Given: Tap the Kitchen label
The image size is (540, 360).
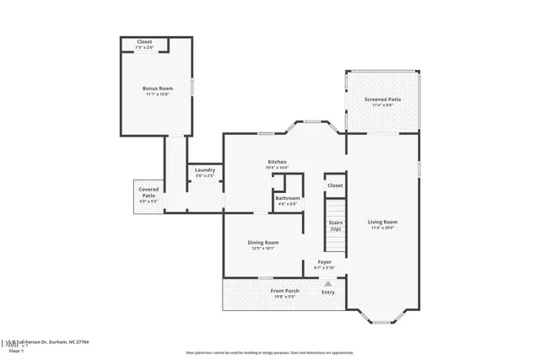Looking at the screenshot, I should [x=278, y=162].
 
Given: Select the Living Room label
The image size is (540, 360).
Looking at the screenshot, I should [x=382, y=223].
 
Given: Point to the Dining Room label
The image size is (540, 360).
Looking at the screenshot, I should [x=263, y=242].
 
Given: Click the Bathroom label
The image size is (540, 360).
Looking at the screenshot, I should [x=287, y=198].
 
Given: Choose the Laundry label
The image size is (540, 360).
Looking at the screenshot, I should [x=204, y=169].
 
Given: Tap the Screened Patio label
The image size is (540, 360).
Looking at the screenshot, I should [x=382, y=99].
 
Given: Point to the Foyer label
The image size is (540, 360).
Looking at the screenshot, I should [x=324, y=262].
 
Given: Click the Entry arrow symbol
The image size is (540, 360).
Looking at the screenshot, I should [x=328, y=284].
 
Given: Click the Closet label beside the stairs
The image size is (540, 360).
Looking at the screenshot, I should [x=335, y=185].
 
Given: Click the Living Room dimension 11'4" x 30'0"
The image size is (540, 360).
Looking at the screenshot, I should [x=382, y=228].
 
